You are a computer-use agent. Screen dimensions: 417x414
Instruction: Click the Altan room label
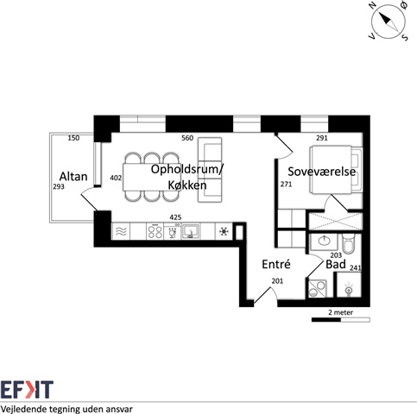(x=73, y=176)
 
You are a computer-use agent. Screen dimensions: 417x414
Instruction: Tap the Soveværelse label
(x=322, y=172)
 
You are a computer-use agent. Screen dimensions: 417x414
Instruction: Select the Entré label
(x=276, y=264)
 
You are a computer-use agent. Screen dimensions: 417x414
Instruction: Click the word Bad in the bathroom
(x=336, y=264)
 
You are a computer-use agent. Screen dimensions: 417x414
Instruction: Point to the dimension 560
(x=187, y=138)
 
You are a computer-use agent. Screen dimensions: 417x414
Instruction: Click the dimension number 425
(x=175, y=217)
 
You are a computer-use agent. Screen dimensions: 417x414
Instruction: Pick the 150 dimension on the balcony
(x=73, y=138)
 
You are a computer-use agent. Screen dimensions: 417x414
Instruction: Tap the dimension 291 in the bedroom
(x=322, y=138)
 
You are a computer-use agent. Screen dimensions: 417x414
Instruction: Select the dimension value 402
(x=116, y=178)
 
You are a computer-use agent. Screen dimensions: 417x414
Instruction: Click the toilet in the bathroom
(x=348, y=244)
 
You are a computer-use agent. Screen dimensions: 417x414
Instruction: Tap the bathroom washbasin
(x=324, y=241)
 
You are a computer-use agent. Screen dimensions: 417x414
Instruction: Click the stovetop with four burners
(x=155, y=231)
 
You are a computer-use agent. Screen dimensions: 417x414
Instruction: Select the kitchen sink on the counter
(x=191, y=231)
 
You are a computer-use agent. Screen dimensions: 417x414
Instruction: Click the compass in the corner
(x=389, y=22)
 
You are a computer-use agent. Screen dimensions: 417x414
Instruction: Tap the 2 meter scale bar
(x=341, y=320)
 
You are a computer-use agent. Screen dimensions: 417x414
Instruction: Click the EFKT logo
(x=27, y=390)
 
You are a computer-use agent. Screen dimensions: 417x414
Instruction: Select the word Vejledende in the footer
(x=24, y=409)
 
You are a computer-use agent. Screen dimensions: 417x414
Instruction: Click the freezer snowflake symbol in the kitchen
(x=224, y=231)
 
